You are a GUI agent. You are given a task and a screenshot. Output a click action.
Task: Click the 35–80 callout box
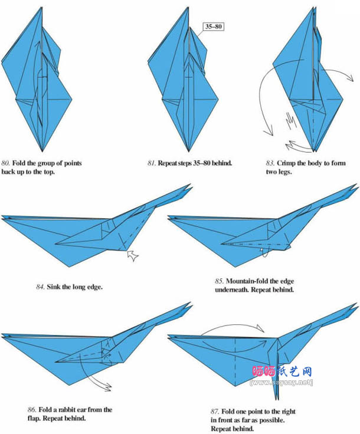tap(213, 27)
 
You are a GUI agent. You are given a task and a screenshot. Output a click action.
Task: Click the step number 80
tap(5, 163)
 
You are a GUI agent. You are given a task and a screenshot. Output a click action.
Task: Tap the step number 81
tap(151, 163)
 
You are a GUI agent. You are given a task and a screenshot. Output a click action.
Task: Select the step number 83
tap(270, 163)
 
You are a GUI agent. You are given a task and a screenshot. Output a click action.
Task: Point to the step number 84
tap(41, 287)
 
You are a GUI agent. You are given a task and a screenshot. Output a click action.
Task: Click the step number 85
tap(219, 281)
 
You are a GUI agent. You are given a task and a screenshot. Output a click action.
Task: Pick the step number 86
tap(32, 409)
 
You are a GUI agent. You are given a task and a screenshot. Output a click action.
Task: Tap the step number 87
tap(215, 412)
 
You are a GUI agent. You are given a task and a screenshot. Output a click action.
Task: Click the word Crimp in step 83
tap(286, 163)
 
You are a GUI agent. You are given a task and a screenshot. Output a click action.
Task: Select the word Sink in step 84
tap(54, 287)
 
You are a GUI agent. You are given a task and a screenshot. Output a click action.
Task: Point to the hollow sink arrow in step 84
tap(133, 255)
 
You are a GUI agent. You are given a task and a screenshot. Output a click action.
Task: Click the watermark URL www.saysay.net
tap(281, 383)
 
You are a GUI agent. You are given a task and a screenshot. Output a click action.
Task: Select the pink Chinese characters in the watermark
tap(264, 371)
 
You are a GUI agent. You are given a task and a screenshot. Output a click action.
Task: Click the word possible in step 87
tap(271, 420)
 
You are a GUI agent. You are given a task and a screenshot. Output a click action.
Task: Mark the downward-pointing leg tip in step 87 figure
tap(276, 399)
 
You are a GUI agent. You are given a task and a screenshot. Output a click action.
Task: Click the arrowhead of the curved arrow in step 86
tap(107, 387)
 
